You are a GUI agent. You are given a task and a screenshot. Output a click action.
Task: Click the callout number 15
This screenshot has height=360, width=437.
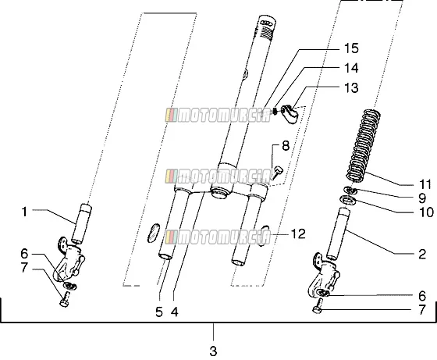click(351, 48)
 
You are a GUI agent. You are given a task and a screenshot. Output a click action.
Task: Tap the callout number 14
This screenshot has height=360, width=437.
click(351, 68)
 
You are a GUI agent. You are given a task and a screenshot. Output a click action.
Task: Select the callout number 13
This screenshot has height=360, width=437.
click(351, 87)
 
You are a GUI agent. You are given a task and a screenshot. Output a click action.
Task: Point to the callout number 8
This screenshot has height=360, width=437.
click(286, 146)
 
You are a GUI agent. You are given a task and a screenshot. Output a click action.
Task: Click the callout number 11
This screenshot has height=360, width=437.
click(425, 184)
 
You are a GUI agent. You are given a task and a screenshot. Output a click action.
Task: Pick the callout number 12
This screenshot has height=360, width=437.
click(298, 234)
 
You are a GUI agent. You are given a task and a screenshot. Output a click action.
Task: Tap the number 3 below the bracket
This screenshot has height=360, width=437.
click(213, 351)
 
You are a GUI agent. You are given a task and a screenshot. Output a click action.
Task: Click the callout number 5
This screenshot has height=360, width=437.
click(159, 312)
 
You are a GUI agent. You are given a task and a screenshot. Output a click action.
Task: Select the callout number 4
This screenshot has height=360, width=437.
click(175, 312)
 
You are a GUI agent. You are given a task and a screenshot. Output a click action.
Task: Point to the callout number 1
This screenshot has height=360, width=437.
click(24, 212)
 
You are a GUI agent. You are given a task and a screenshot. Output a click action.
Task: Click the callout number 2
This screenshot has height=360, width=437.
click(422, 254)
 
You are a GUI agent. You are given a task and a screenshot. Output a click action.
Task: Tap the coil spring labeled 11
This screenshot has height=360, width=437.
click(364, 145)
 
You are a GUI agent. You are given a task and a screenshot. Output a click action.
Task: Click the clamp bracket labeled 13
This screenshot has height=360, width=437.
click(290, 113)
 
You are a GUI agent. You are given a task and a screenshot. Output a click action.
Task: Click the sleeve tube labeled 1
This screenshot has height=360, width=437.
click(81, 224)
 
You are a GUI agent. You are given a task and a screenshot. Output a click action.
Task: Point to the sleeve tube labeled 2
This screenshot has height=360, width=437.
click(338, 233)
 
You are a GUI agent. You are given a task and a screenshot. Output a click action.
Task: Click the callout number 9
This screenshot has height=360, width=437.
click(422, 198)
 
